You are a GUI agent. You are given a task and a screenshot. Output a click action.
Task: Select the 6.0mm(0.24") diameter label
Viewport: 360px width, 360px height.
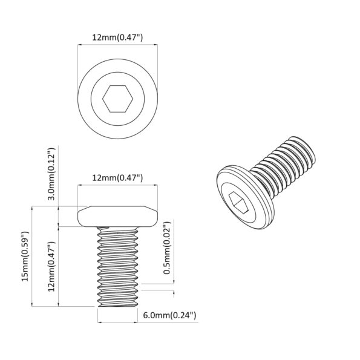coord(169,315)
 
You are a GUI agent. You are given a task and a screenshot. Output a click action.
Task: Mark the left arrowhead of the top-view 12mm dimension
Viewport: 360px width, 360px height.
coord(79,46)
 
